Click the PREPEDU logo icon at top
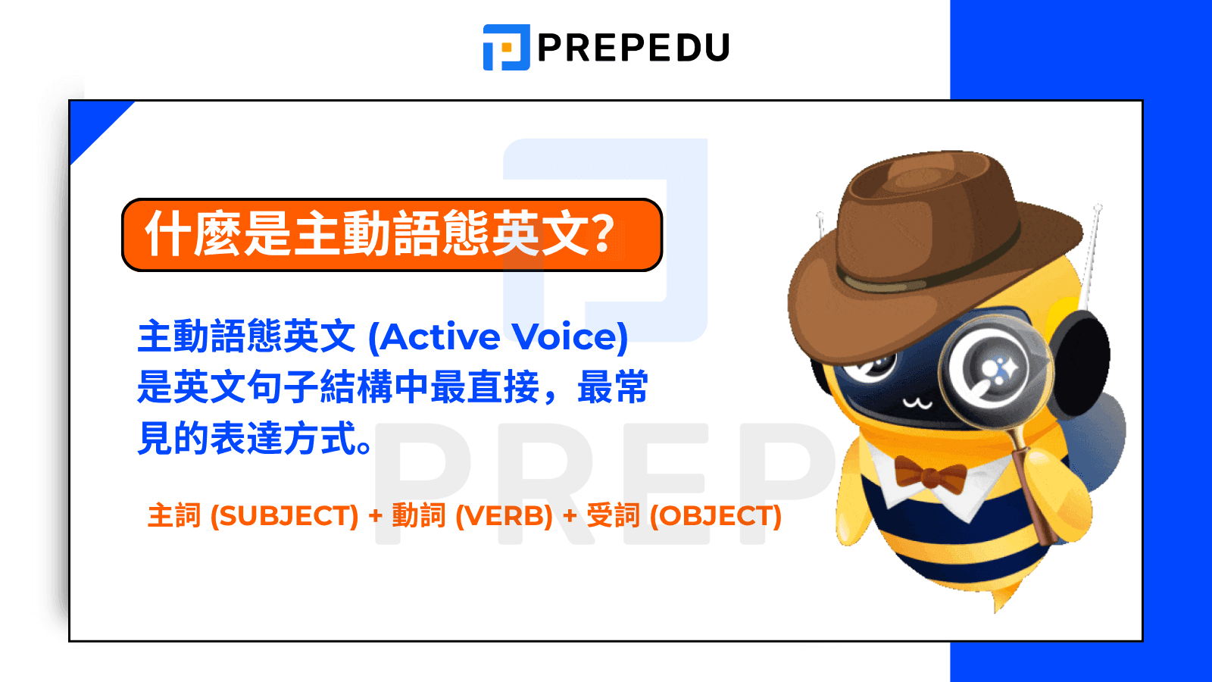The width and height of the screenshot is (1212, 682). [506, 47]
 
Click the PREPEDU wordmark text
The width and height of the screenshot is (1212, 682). [633, 48]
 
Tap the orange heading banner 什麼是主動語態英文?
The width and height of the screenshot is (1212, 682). [392, 235]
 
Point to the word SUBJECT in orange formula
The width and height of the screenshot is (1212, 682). [284, 516]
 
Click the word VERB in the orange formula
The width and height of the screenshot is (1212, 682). [504, 516]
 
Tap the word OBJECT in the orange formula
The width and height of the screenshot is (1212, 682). [716, 516]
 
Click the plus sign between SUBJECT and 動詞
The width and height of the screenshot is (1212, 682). [376, 516]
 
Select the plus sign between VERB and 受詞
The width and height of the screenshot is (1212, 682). [570, 516]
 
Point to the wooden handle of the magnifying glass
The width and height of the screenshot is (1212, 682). [1035, 493]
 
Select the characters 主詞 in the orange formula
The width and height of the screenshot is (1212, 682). [174, 516]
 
